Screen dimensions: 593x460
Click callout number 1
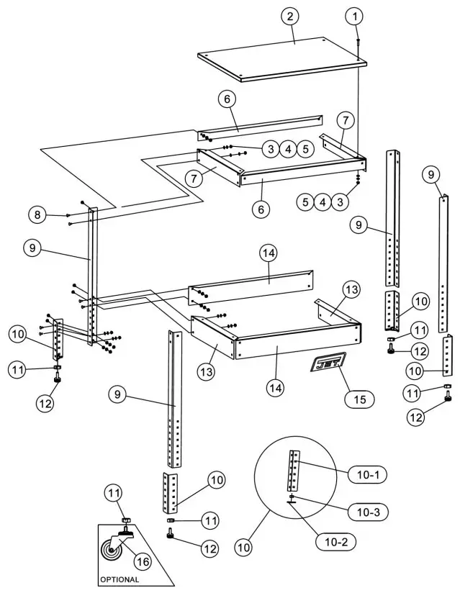356,15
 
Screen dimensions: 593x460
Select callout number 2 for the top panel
290,17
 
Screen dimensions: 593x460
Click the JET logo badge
328,363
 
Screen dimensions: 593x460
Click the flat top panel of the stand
282,59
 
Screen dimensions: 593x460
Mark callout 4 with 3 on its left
287,149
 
